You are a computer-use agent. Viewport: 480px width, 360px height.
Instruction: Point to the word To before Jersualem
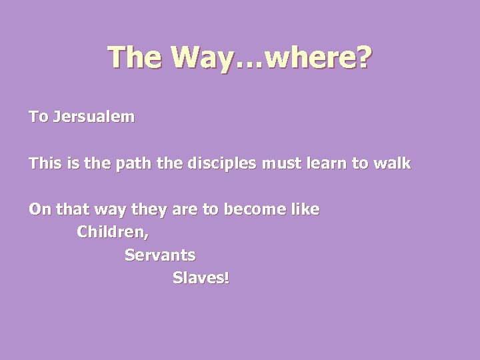point(37,118)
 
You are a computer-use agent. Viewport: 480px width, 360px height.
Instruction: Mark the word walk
point(395,163)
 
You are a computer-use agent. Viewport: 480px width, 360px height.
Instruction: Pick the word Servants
point(160,255)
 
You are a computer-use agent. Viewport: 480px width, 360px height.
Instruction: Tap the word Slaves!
point(201,277)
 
